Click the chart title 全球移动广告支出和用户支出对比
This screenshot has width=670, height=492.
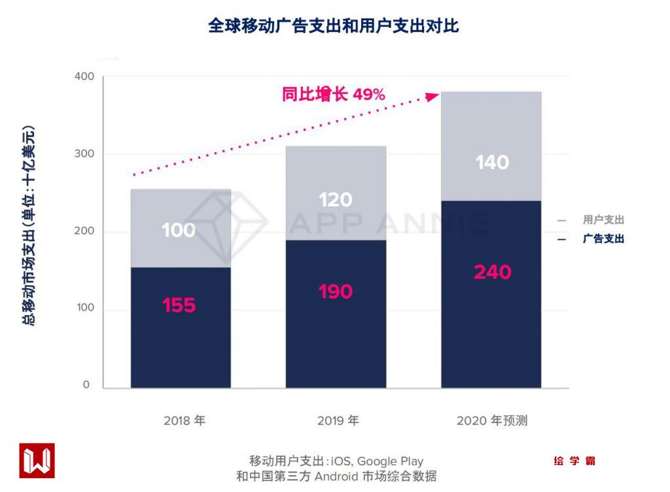[334, 26]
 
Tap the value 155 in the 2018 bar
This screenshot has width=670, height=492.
[179, 305]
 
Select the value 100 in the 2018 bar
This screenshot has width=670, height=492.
[179, 230]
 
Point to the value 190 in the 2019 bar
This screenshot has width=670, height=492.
[336, 292]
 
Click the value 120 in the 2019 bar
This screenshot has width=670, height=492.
[336, 199]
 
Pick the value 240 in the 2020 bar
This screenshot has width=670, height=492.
[492, 272]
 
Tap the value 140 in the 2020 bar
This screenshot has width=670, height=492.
[492, 162]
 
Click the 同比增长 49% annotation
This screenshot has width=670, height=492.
[334, 94]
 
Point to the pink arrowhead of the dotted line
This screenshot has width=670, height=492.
[432, 96]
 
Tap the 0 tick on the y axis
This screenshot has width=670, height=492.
[86, 385]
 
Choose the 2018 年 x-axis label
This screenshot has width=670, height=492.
[184, 421]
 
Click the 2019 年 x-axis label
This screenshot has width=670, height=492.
[338, 421]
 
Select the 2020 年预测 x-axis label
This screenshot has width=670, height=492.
[492, 421]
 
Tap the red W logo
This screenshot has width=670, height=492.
[37, 460]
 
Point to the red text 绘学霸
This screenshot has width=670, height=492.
[574, 461]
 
